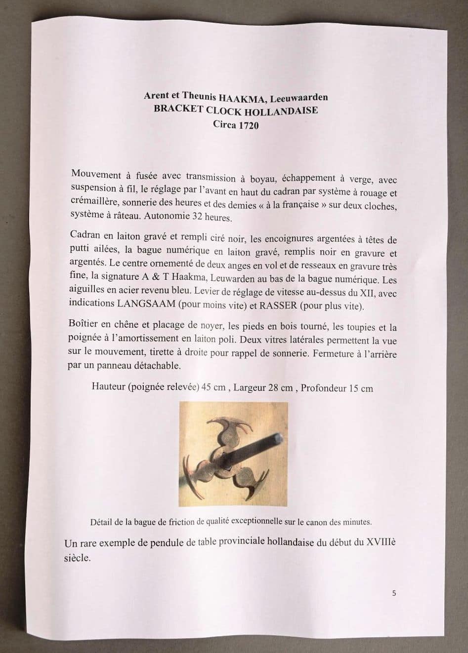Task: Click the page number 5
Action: tap(394, 593)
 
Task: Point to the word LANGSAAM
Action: tap(146, 304)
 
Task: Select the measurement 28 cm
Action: tap(280, 388)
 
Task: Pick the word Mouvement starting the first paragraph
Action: tap(96, 174)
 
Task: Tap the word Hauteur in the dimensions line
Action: tap(108, 386)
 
